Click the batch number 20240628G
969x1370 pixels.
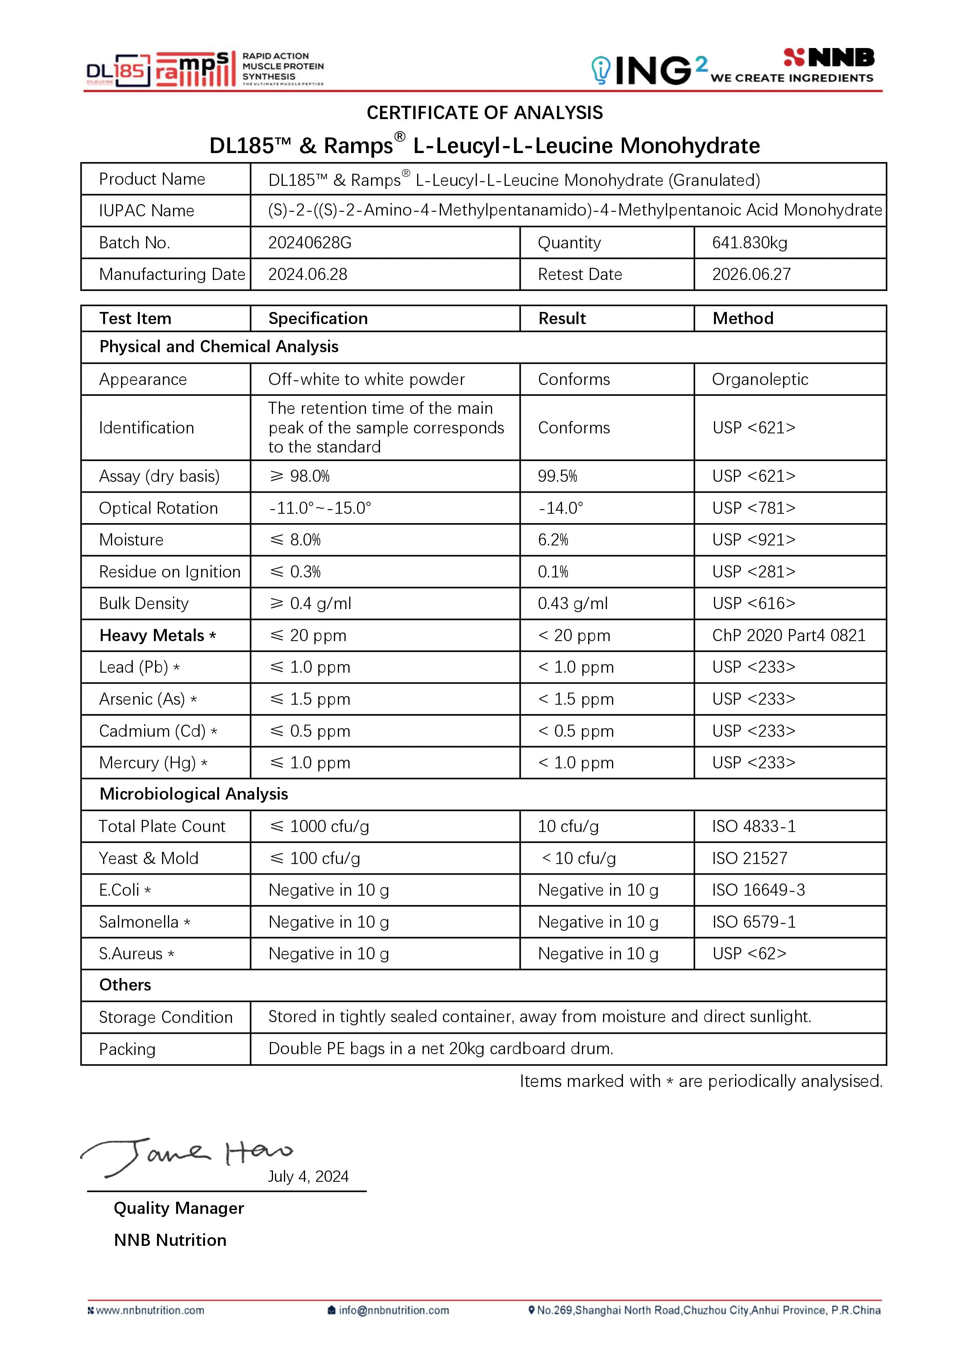309,243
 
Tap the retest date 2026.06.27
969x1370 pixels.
751,274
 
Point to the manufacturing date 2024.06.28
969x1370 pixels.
307,274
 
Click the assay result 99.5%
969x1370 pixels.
557,476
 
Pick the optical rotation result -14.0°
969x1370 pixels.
560,508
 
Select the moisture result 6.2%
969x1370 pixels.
553,540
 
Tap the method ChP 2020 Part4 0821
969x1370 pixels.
788,636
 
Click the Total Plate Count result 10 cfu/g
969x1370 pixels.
568,827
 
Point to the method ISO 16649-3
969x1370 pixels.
758,890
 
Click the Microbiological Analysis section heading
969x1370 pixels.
193,794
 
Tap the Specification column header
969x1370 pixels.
318,319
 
